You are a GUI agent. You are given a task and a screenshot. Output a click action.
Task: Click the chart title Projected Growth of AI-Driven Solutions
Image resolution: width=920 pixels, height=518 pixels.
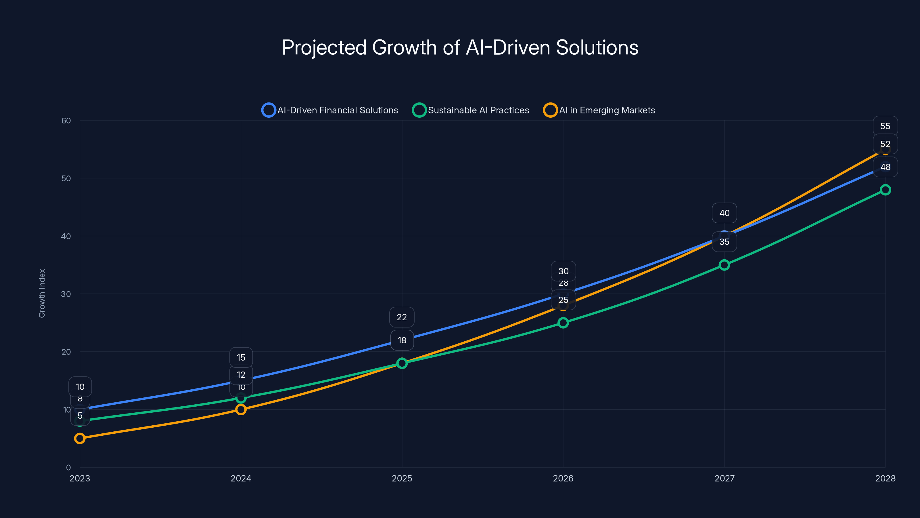click(x=460, y=47)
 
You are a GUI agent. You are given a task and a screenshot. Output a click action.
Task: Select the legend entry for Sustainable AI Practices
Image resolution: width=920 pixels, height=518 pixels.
click(x=471, y=110)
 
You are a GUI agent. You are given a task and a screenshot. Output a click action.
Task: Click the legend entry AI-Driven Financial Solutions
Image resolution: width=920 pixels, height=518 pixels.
click(x=330, y=110)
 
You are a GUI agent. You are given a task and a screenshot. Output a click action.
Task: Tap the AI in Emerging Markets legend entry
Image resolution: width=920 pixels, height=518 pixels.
click(x=599, y=110)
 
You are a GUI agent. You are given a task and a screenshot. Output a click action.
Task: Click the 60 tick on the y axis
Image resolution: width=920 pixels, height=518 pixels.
click(x=66, y=121)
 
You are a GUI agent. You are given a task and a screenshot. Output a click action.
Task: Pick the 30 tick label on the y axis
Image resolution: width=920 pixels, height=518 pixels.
click(x=66, y=294)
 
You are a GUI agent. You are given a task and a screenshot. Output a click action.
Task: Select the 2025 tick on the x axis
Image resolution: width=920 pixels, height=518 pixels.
click(x=402, y=478)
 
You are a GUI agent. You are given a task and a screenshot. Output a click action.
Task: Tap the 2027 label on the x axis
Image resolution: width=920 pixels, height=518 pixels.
click(x=724, y=478)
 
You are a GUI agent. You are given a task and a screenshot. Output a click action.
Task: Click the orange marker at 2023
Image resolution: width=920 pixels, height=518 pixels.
click(x=80, y=438)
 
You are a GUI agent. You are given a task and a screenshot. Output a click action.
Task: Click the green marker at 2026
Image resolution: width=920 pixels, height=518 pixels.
click(x=563, y=323)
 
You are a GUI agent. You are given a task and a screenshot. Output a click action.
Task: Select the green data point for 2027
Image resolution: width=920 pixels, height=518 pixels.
click(x=724, y=265)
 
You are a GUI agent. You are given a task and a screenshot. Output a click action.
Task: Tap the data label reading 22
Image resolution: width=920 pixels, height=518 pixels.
click(x=402, y=317)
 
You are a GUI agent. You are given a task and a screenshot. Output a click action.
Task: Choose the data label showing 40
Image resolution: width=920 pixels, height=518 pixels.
click(x=724, y=213)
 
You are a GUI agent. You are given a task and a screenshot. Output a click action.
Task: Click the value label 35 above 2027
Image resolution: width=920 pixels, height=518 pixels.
click(x=724, y=242)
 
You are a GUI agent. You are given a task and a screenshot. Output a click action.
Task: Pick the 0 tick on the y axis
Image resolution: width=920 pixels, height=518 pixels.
click(x=68, y=467)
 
